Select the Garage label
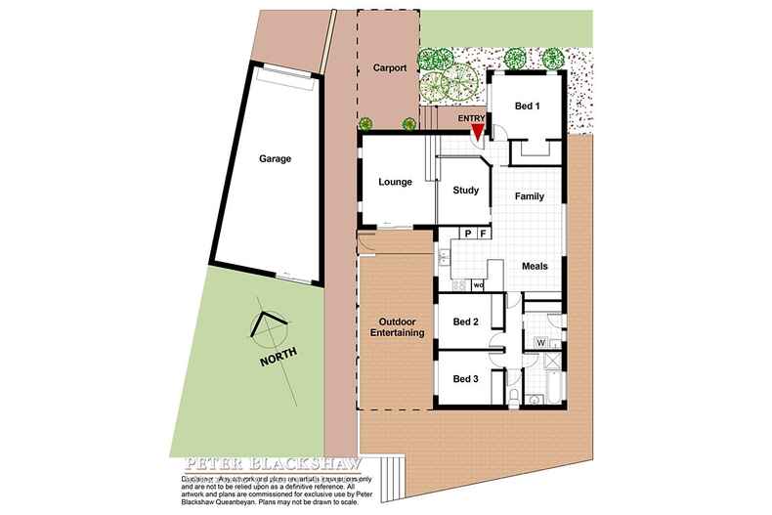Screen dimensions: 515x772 click(x=275, y=158)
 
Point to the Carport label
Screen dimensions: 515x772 click(x=389, y=70)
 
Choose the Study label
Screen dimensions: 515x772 click(x=465, y=191)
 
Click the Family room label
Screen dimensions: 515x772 click(x=530, y=196)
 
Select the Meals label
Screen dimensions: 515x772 click(x=535, y=266)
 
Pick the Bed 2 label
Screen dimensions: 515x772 click(x=465, y=321)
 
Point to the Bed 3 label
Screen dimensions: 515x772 click(x=465, y=378)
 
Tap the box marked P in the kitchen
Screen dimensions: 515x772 click(x=468, y=234)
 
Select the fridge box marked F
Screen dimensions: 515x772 click(x=483, y=234)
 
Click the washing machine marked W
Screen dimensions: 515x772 click(x=539, y=343)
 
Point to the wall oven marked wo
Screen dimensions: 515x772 click(x=478, y=285)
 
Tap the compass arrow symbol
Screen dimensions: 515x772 click(x=266, y=325)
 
